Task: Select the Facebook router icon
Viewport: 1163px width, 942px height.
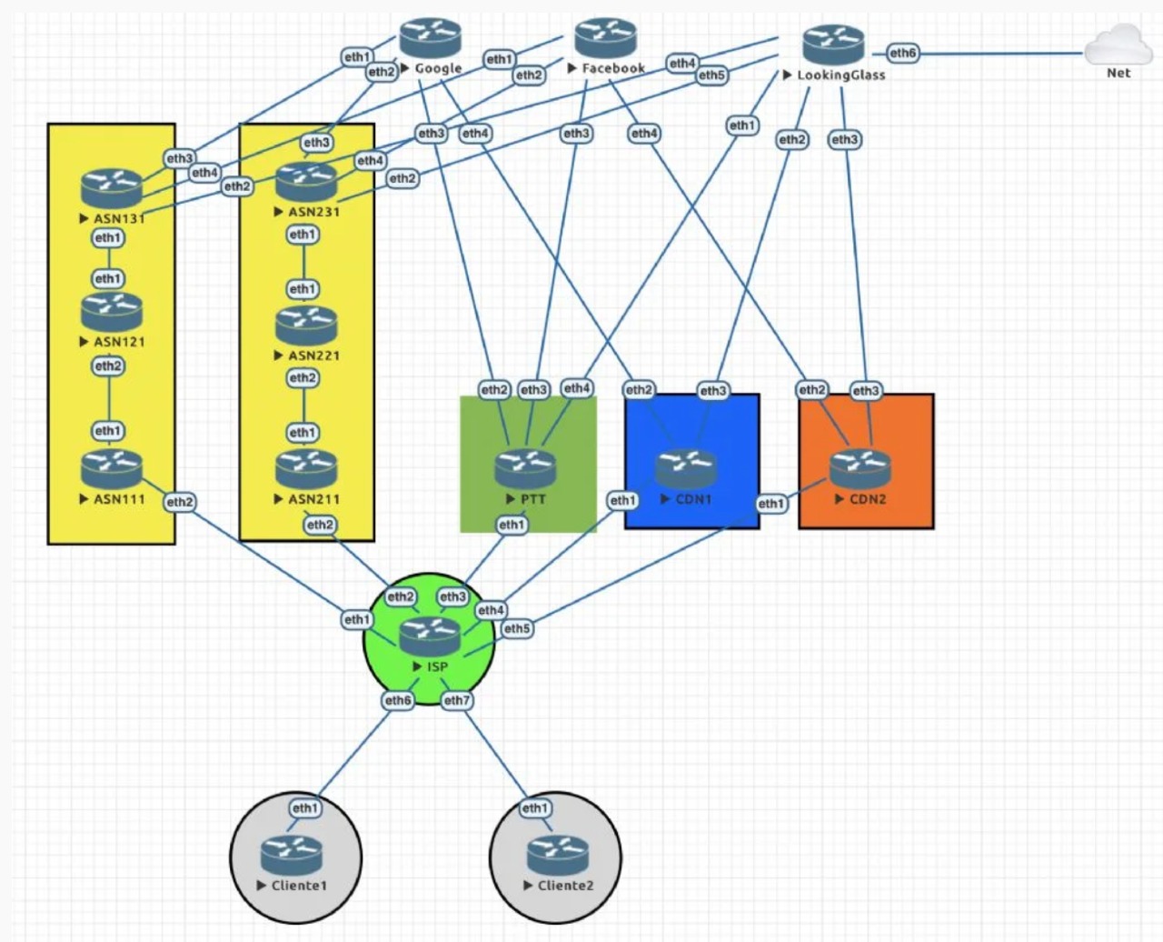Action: (606, 39)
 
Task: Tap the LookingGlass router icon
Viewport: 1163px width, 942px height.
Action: (833, 45)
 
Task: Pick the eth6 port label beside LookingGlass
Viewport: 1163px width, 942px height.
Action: (902, 53)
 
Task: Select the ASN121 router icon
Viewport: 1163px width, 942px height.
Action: (112, 312)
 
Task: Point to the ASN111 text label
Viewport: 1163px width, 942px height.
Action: (119, 499)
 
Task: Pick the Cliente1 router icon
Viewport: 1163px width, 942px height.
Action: (291, 856)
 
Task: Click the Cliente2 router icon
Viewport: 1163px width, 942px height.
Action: (557, 856)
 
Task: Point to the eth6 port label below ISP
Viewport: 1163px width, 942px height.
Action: (398, 700)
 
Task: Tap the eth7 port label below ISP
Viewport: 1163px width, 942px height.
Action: (456, 700)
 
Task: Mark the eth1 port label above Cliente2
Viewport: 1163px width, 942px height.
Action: (534, 807)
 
